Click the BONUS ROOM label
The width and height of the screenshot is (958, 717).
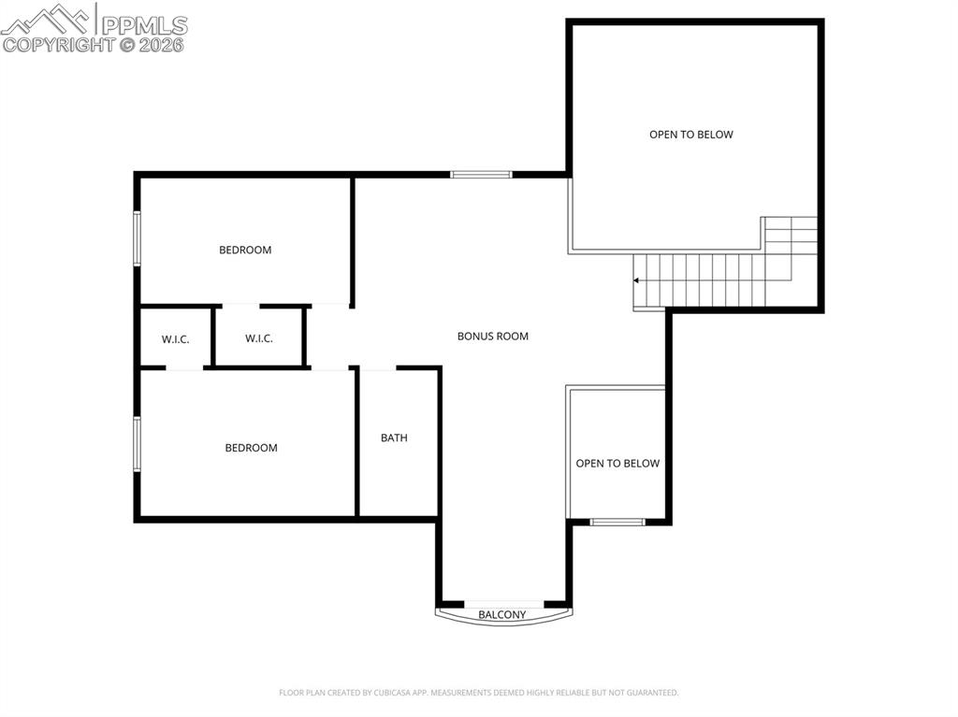click(492, 337)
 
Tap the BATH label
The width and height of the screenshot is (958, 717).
click(394, 437)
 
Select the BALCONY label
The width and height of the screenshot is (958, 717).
click(502, 615)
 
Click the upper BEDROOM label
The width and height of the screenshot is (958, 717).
click(245, 250)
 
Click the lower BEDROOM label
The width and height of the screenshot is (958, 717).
click(251, 448)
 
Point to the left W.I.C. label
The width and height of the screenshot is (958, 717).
click(175, 339)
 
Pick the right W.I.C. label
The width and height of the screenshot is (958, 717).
click(259, 338)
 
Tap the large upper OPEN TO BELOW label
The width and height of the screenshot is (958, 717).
click(691, 135)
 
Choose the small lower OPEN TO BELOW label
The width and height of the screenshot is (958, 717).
click(617, 464)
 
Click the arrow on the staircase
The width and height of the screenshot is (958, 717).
click(637, 280)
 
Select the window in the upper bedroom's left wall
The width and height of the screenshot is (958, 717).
click(137, 238)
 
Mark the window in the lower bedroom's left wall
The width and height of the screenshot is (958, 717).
click(137, 443)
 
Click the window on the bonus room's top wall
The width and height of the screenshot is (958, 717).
click(481, 174)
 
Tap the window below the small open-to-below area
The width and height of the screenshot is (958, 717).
click(617, 522)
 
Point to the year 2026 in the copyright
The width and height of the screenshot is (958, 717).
click(164, 44)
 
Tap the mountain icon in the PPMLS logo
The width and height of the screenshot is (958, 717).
click(47, 19)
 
